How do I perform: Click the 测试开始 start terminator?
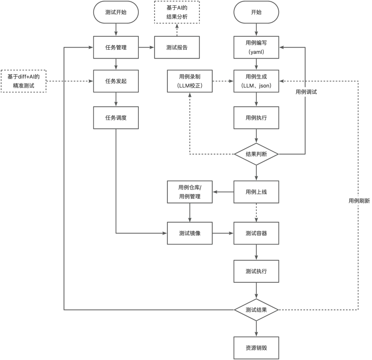pyautogui.click(x=116, y=12)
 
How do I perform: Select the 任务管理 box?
pyautogui.click(x=116, y=48)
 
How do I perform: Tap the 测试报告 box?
pyautogui.click(x=177, y=48)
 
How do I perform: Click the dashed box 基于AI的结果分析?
pyautogui.click(x=177, y=12)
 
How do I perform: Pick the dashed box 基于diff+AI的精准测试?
pyautogui.click(x=24, y=81)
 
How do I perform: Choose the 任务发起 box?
pyautogui.click(x=116, y=81)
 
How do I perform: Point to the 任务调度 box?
pyautogui.click(x=116, y=118)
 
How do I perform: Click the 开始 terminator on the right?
pyautogui.click(x=256, y=12)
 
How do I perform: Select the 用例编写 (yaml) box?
pyautogui.click(x=256, y=48)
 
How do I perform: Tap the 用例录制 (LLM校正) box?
pyautogui.click(x=189, y=81)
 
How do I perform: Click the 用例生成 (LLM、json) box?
pyautogui.click(x=256, y=81)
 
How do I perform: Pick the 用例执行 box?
pyautogui.click(x=256, y=118)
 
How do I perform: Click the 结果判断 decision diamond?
pyautogui.click(x=256, y=154)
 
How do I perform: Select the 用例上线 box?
pyautogui.click(x=256, y=192)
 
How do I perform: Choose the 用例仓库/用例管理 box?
pyautogui.click(x=189, y=192)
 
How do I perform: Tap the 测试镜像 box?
pyautogui.click(x=189, y=233)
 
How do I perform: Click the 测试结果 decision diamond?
pyautogui.click(x=256, y=310)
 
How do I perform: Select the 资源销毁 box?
pyautogui.click(x=256, y=347)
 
